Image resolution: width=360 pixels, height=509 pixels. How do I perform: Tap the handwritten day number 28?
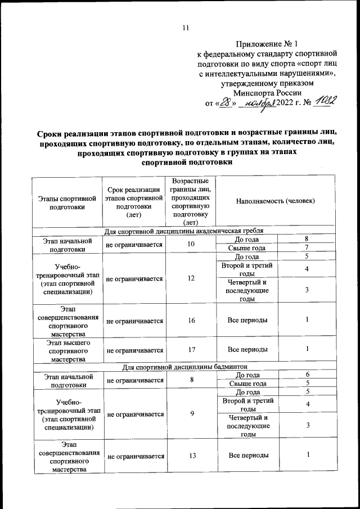pos(225,102)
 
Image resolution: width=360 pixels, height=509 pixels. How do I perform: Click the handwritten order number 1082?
pos(325,102)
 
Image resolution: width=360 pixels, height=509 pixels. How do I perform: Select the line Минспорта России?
pos(267,93)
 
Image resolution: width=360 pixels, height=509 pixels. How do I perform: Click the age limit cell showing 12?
pos(192,278)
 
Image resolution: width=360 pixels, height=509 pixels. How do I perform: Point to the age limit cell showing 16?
pos(192,320)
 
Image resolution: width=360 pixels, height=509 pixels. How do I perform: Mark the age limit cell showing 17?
pos(192,349)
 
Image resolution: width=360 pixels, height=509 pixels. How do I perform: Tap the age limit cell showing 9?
pos(192,413)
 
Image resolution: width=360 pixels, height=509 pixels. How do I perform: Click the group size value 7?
pos(307,248)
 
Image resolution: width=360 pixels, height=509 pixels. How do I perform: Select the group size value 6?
pos(307,375)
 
